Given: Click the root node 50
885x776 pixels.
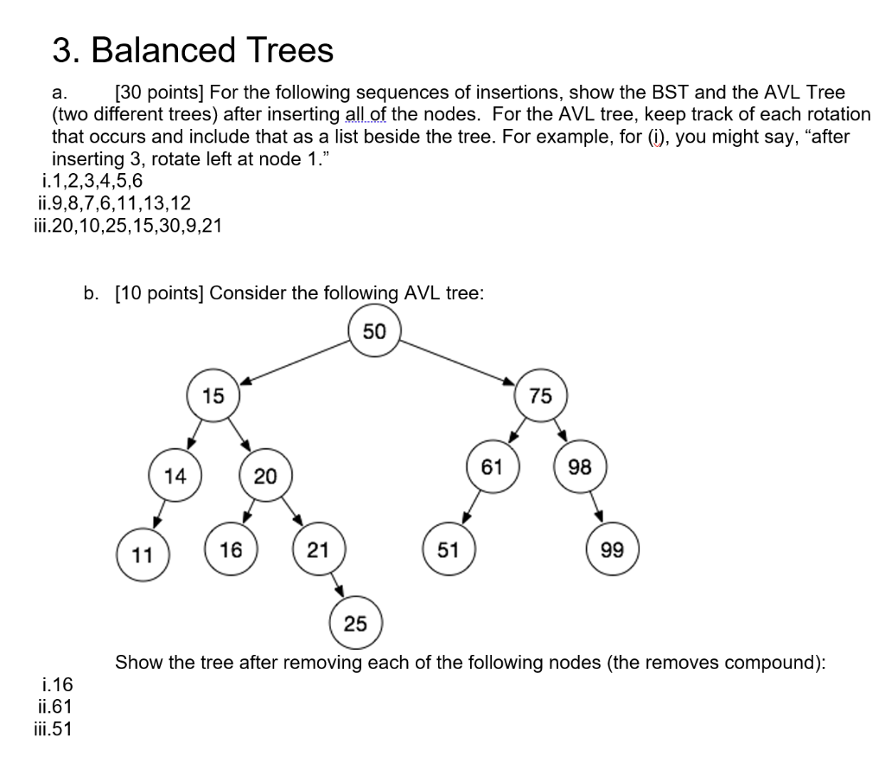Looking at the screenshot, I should pyautogui.click(x=374, y=331).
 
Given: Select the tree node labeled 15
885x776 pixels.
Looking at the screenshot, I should pyautogui.click(x=213, y=396).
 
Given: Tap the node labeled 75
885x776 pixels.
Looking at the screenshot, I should pyautogui.click(x=540, y=396).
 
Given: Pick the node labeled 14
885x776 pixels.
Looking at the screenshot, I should pyautogui.click(x=175, y=475).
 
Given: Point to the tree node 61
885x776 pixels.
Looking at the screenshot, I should pyautogui.click(x=492, y=468).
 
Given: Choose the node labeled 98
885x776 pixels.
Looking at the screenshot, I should pyautogui.click(x=580, y=468).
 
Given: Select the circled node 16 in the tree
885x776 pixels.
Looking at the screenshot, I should pyautogui.click(x=231, y=548).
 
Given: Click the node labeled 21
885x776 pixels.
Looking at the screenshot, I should pyautogui.click(x=319, y=548).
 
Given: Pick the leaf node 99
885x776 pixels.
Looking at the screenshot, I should pyautogui.click(x=612, y=549).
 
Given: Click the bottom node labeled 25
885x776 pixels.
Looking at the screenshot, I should pyautogui.click(x=355, y=623).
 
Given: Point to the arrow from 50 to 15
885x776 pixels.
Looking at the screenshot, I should pyautogui.click(x=294, y=362).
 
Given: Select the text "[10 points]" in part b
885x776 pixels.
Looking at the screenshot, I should pyautogui.click(x=158, y=292).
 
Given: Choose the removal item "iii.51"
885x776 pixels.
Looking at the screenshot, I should pyautogui.click(x=51, y=728).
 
